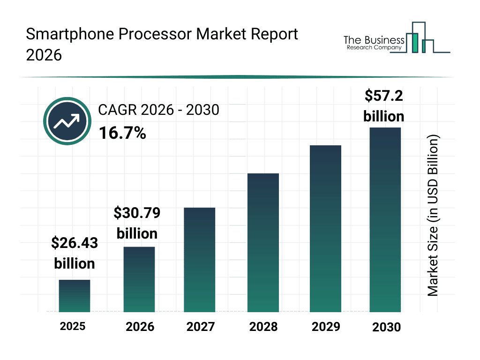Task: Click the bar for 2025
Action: [75, 296]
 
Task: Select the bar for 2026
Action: [139, 279]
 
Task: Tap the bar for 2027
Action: [200, 260]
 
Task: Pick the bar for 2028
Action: [263, 243]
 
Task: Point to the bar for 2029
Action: [325, 229]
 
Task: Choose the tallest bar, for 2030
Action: [385, 219]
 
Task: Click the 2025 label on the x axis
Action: [73, 326]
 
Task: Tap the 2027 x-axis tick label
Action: [200, 327]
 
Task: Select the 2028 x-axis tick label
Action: [263, 327]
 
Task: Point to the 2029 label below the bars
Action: [325, 327]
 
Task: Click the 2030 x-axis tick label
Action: [387, 327]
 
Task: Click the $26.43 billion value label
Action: [75, 253]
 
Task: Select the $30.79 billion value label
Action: [137, 223]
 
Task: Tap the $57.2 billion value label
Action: [384, 106]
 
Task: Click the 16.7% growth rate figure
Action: [122, 133]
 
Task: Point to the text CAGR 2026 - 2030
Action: [158, 110]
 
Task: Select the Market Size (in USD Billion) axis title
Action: [433, 216]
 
